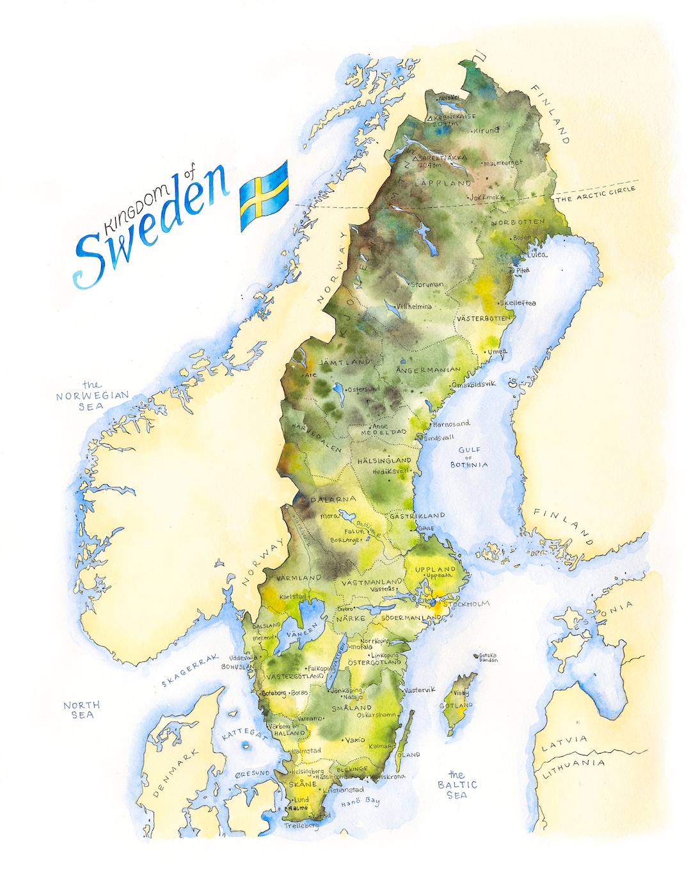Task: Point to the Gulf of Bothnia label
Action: [469, 457]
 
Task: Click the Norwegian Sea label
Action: [92, 396]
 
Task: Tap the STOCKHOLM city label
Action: [466, 604]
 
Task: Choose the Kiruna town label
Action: [486, 130]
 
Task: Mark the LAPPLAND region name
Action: [443, 183]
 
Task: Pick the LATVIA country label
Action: [564, 744]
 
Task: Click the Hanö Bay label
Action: [360, 802]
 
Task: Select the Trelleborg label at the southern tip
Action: [301, 826]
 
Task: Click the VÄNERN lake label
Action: [301, 631]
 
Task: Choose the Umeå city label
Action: [497, 352]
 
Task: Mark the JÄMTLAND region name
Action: [345, 362]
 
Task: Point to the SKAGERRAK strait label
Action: [190, 670]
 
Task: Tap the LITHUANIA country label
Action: [574, 768]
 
